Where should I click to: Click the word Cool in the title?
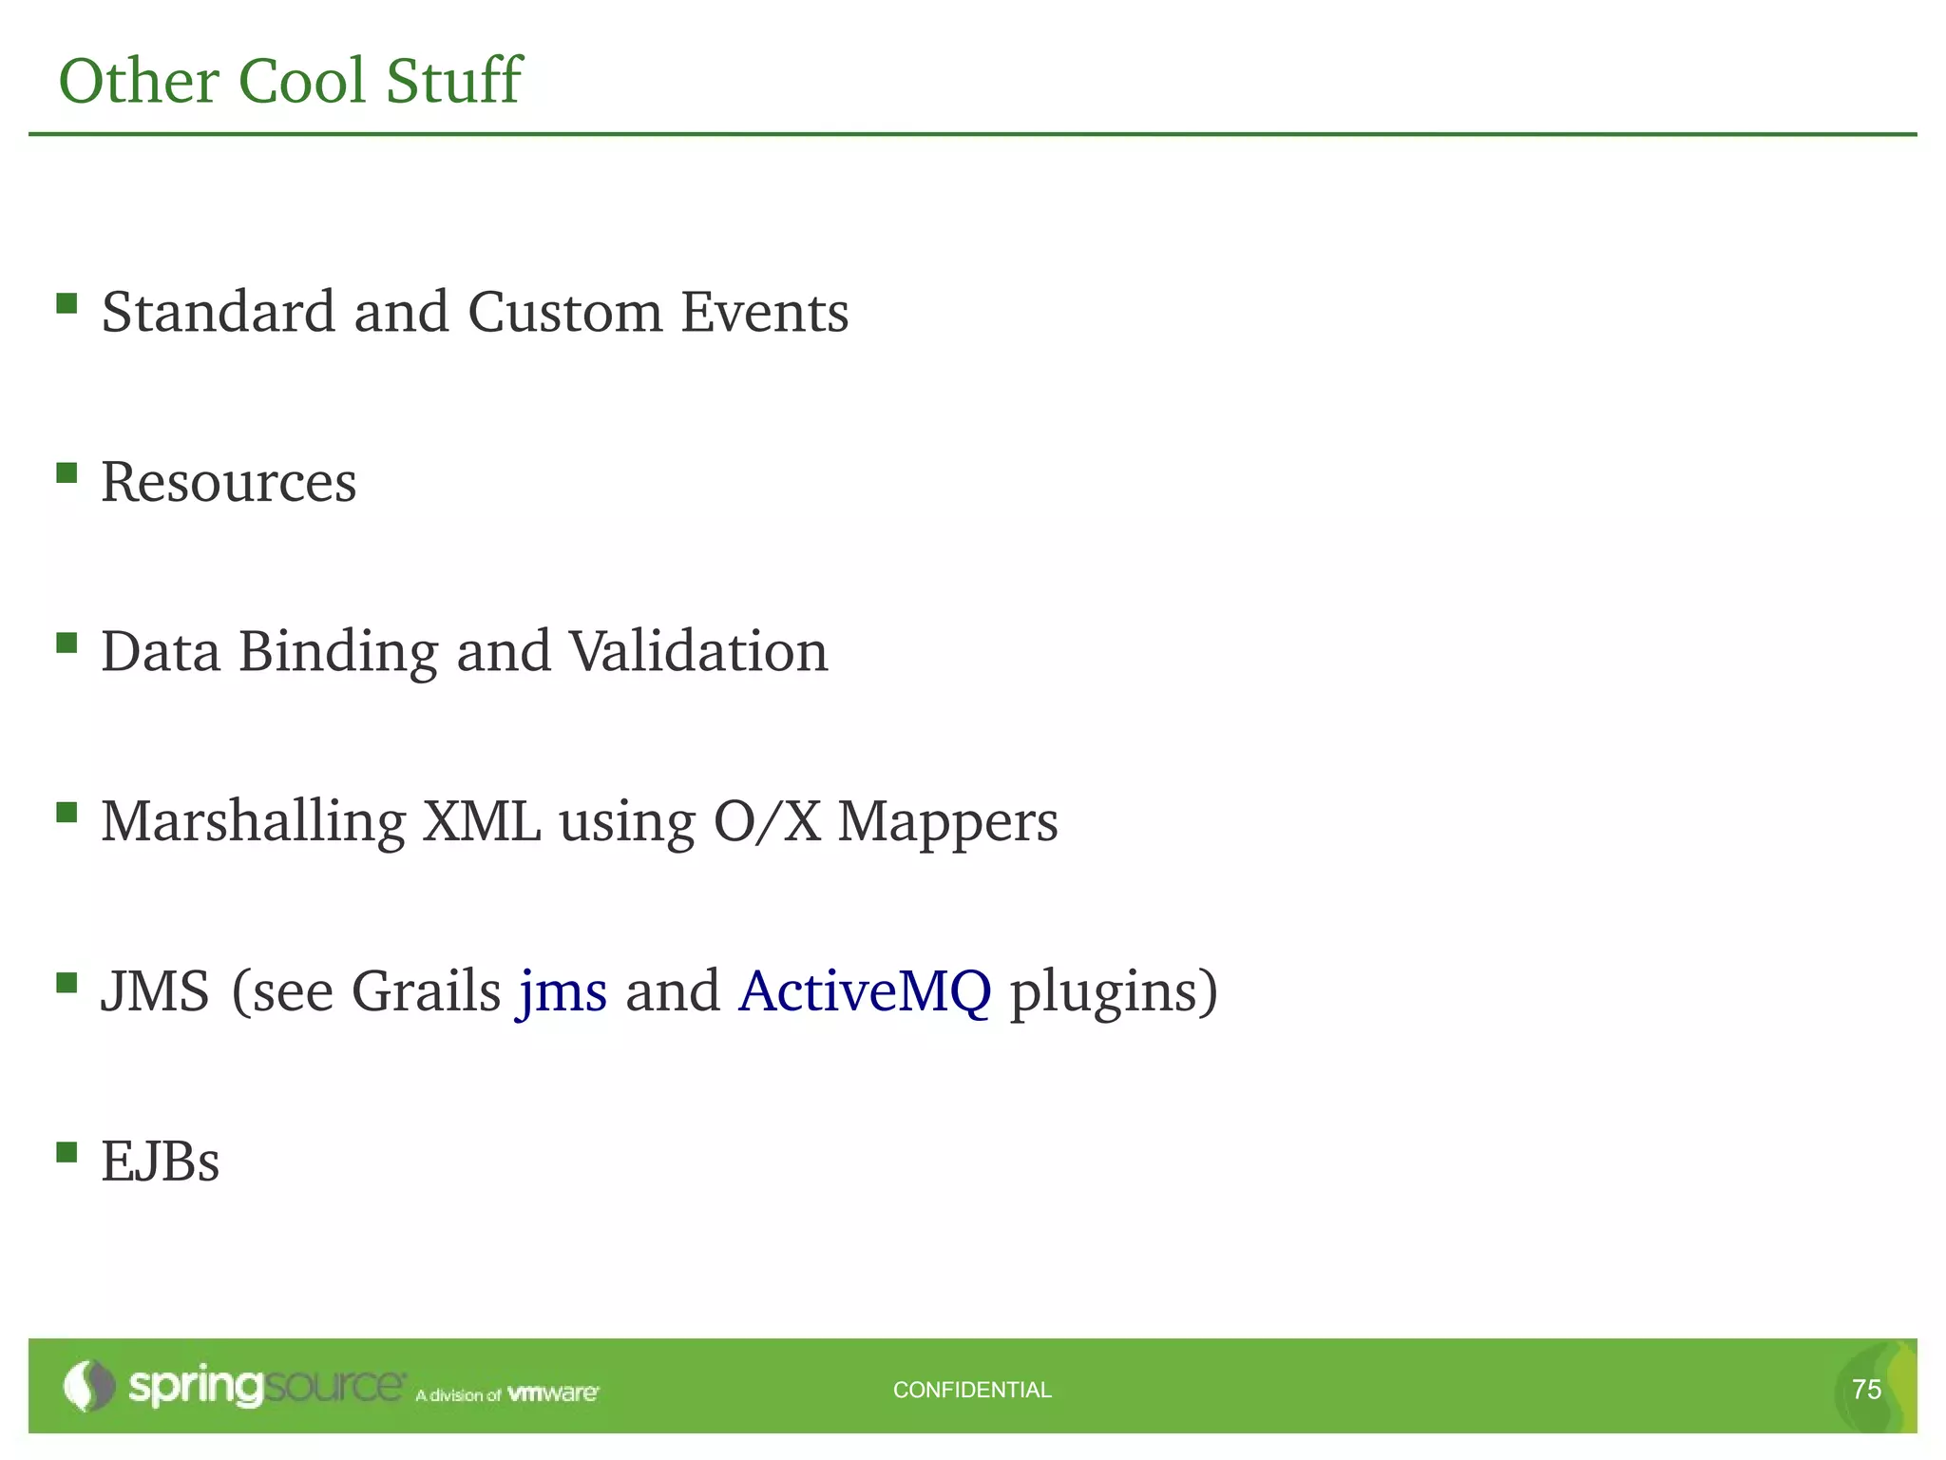[x=301, y=81]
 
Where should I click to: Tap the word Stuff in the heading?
[x=453, y=81]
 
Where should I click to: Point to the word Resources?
[x=229, y=482]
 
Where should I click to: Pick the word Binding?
[x=337, y=652]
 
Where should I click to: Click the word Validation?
[x=698, y=652]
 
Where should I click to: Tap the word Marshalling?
[x=253, y=822]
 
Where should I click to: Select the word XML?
[x=482, y=821]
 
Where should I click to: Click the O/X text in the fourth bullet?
[x=767, y=821]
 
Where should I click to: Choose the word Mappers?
[x=947, y=823]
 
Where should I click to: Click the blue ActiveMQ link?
[x=865, y=991]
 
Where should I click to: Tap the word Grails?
[x=426, y=991]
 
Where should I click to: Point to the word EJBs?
[x=161, y=1162]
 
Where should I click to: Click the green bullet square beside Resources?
[x=67, y=473]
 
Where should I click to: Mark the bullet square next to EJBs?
[x=67, y=1153]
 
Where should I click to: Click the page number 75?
[x=1866, y=1390]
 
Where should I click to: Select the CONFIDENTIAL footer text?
[x=972, y=1390]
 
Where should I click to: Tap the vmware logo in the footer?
[x=553, y=1393]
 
